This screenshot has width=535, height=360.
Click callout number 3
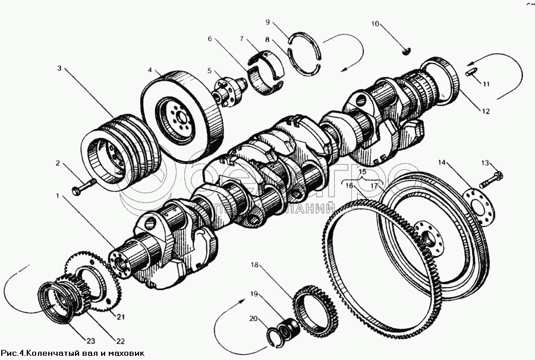(x=59, y=69)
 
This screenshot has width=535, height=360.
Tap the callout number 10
(x=375, y=24)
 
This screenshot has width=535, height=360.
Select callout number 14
(x=442, y=162)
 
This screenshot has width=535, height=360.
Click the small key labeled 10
(x=405, y=50)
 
